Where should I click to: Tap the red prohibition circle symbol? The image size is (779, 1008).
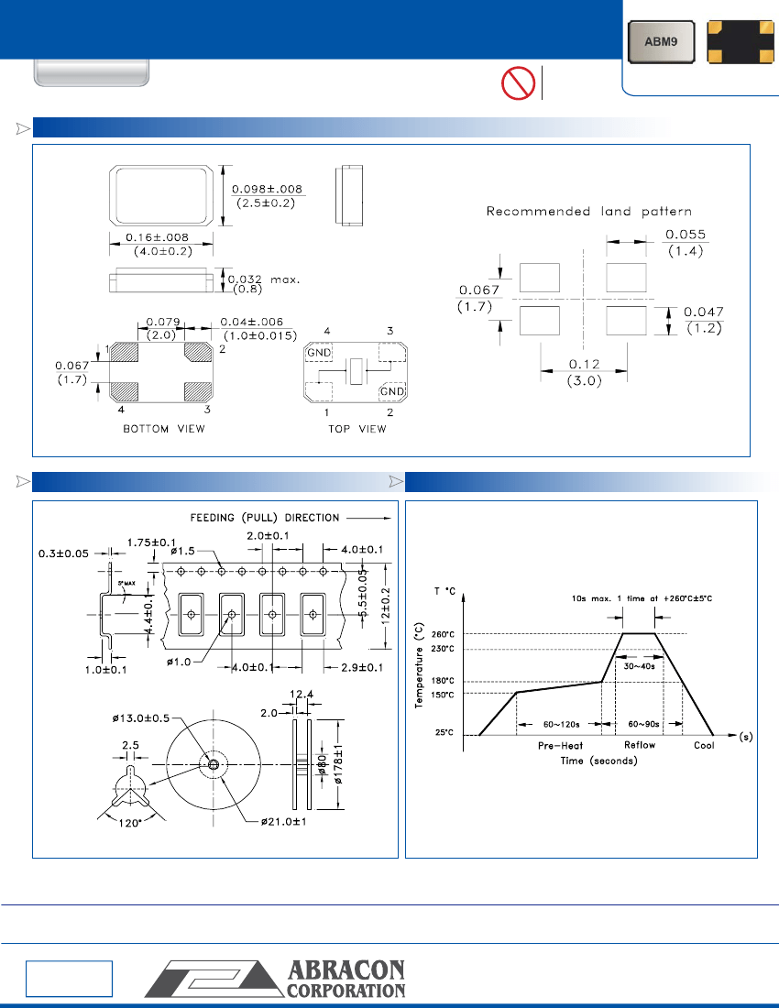pyautogui.click(x=517, y=84)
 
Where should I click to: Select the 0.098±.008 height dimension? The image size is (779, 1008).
pyautogui.click(x=266, y=189)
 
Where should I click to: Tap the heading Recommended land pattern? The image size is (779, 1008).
pyautogui.click(x=588, y=212)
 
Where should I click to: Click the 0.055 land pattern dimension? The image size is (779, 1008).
pyautogui.click(x=686, y=236)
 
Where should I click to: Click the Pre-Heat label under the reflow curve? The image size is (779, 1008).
pyautogui.click(x=560, y=746)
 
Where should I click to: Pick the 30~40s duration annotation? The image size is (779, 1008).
pyautogui.click(x=639, y=666)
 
